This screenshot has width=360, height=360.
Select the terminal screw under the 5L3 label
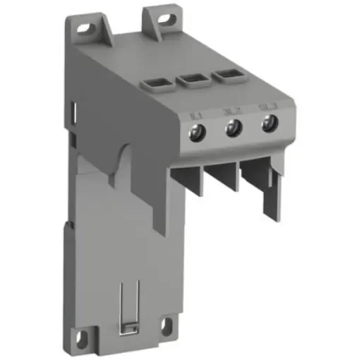(x=268, y=124)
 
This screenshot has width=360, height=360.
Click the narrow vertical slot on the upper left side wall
(x=75, y=114)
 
